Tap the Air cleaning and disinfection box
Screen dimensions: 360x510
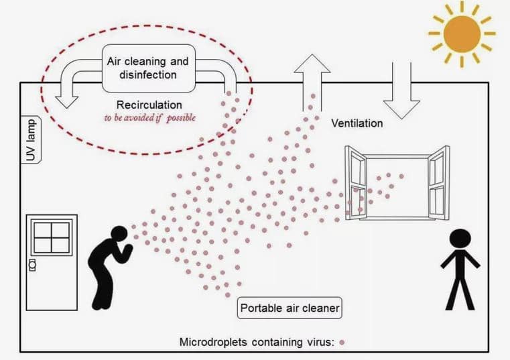pos(147,68)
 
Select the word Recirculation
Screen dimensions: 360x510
pos(149,105)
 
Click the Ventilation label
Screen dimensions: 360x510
pos(357,123)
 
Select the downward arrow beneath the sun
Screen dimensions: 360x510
pos(401,87)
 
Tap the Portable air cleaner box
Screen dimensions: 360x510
pos(289,309)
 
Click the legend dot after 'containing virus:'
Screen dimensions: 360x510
pos(342,343)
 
